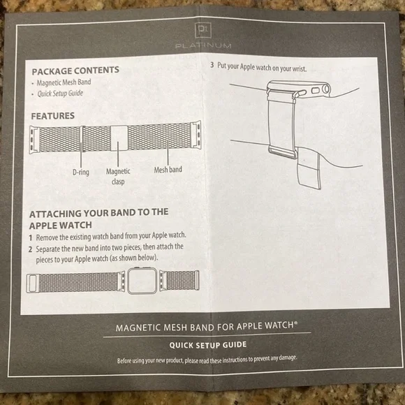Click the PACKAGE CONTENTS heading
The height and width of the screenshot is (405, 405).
coord(75,70)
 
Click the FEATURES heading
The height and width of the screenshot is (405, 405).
coord(53,116)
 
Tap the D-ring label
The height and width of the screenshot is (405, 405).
coord(80,170)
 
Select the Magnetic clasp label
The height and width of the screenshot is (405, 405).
coord(118,175)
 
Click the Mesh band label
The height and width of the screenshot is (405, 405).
coord(168,170)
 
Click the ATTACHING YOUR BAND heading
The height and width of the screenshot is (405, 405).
coord(98,218)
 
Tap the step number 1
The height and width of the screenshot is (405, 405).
coord(30,237)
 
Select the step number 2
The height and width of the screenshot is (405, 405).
coord(30,247)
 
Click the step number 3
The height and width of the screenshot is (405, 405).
coord(212,68)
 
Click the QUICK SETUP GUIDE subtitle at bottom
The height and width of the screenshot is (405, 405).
coord(207,344)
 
